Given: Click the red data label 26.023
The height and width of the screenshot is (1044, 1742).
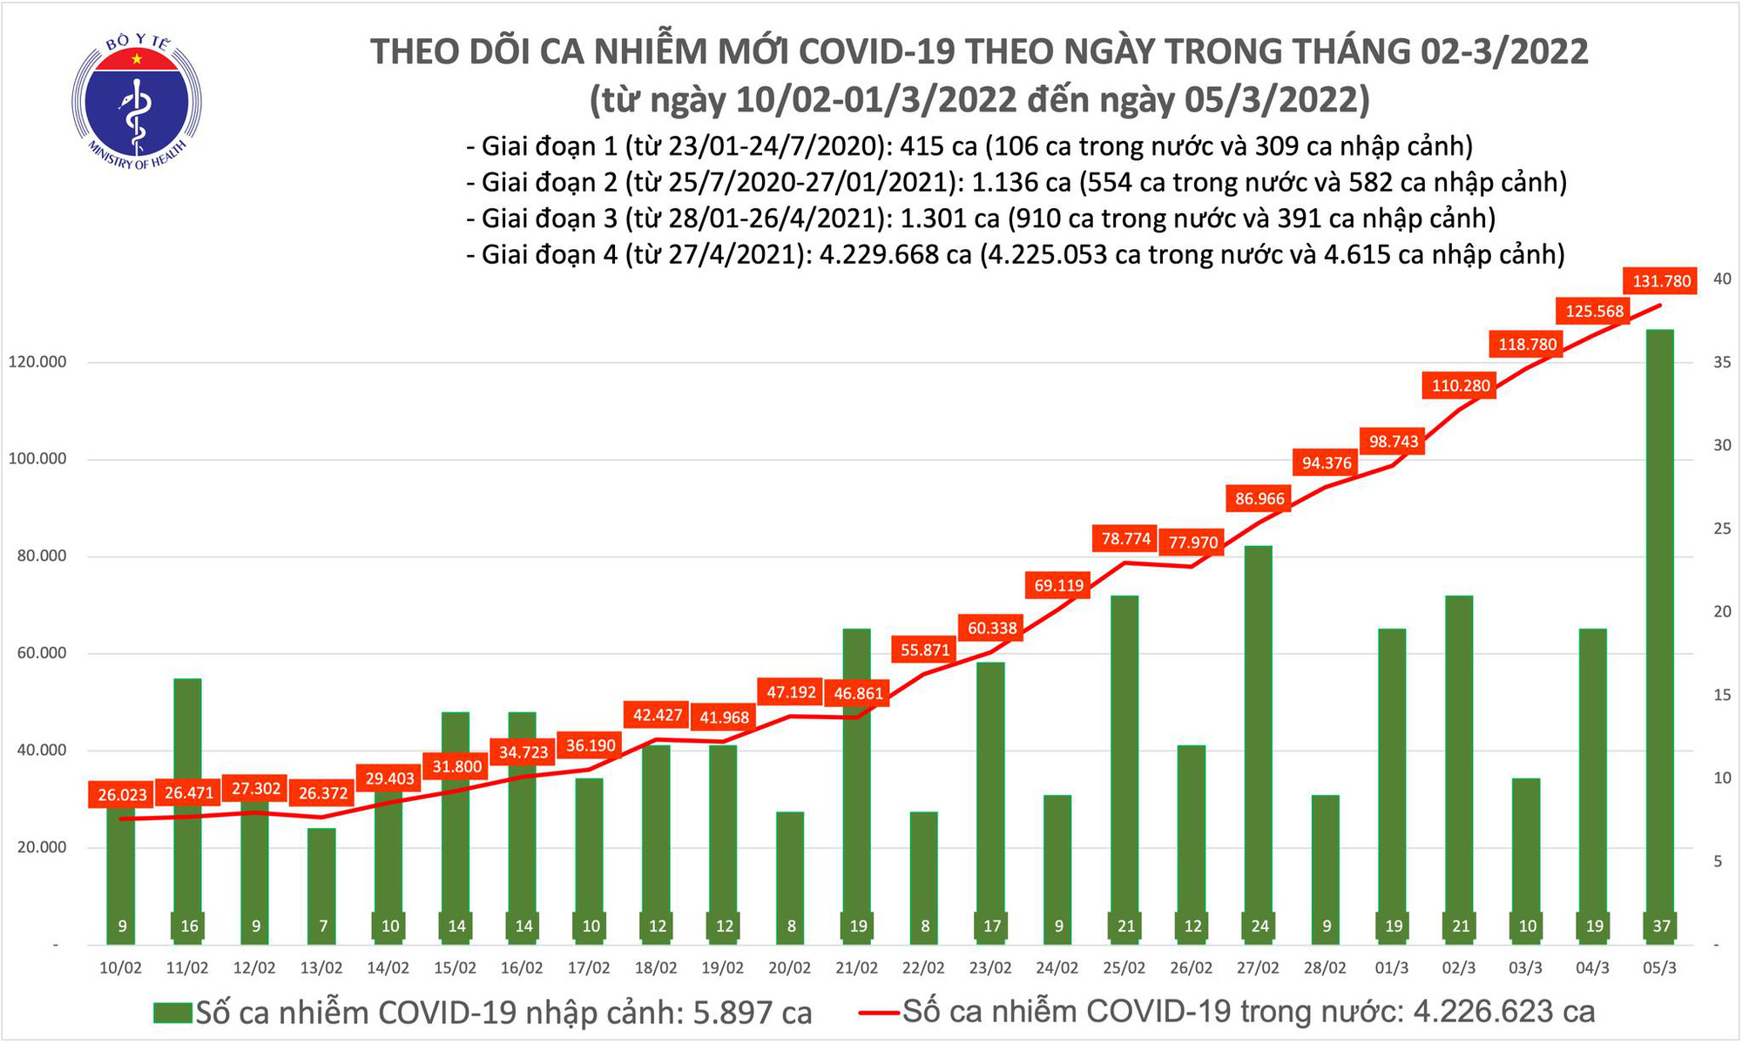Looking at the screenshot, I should (x=123, y=795).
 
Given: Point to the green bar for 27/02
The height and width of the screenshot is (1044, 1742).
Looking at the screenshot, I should (x=1259, y=740).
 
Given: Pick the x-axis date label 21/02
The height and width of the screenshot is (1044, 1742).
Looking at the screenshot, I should (x=857, y=968).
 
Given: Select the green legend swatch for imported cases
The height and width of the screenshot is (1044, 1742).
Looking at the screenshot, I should (x=172, y=1013).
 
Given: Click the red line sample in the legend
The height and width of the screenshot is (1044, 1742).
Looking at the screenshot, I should (x=878, y=1012).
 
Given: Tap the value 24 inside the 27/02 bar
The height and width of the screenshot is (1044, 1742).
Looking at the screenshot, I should (x=1259, y=926).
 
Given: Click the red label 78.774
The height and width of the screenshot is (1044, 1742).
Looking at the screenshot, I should (x=1125, y=539).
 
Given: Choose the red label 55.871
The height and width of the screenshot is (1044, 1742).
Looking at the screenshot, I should (x=925, y=650).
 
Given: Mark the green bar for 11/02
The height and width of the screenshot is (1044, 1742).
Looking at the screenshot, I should (x=188, y=810).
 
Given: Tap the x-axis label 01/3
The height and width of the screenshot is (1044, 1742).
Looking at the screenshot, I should (x=1393, y=968).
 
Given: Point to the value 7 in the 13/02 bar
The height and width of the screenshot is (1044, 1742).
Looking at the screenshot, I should (x=323, y=926).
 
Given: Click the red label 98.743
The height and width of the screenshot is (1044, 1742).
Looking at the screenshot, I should (x=1394, y=441).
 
